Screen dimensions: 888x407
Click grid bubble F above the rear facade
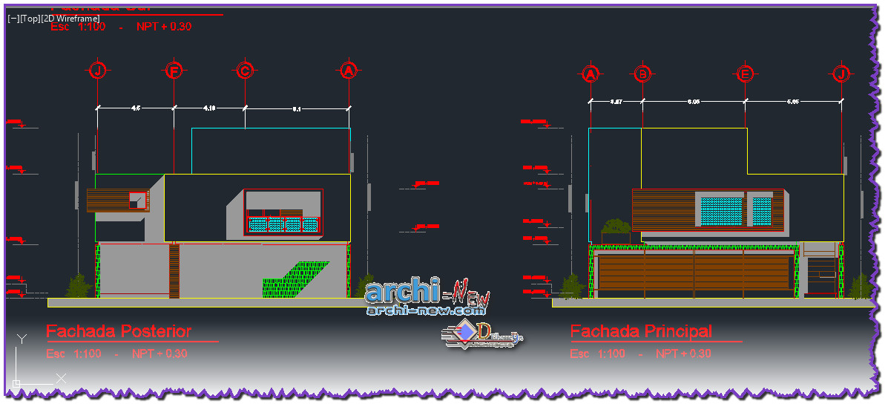(174, 71)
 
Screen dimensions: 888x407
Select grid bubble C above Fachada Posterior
(245, 71)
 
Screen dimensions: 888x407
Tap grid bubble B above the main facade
(642, 74)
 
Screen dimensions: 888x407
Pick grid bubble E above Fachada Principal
(745, 74)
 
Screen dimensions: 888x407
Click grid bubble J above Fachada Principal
(841, 74)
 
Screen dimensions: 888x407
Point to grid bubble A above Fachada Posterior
(349, 71)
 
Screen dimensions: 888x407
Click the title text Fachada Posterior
(119, 331)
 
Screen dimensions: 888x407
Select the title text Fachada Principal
(641, 331)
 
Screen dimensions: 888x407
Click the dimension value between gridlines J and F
(136, 108)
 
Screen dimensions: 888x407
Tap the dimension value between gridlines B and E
(694, 102)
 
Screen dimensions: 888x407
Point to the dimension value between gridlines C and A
(297, 108)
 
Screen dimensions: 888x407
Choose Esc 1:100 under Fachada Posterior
(73, 354)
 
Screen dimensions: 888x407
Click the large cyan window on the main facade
(721, 211)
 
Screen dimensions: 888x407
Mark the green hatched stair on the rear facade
(293, 279)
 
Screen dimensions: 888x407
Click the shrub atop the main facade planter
(616, 226)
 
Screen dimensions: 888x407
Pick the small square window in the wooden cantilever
(137, 199)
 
